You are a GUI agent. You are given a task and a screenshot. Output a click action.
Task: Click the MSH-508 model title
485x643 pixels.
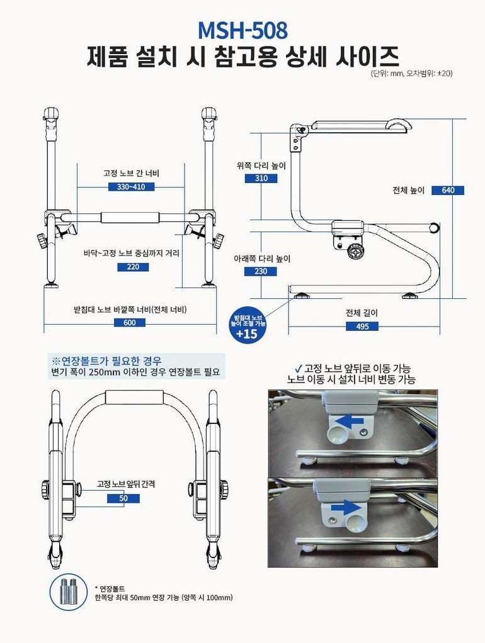[243, 30]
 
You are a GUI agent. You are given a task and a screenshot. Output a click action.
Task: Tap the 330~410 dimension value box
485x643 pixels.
[131, 187]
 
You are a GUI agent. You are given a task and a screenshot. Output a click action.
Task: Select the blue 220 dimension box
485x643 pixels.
[133, 267]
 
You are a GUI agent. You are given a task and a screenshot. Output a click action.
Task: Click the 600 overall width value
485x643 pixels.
[129, 323]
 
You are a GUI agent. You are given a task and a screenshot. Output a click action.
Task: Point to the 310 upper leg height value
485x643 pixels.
[261, 179]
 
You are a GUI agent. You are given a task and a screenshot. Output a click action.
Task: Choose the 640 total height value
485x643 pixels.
[448, 190]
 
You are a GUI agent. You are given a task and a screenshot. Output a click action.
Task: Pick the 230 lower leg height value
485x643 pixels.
[260, 271]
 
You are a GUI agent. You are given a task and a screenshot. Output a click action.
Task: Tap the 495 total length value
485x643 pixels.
[362, 327]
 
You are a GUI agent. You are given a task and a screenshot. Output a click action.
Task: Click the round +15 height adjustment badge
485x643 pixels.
[247, 327]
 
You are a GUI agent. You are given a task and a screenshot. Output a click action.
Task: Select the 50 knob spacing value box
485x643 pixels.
[123, 498]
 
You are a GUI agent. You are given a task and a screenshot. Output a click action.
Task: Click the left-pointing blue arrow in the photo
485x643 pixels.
[348, 421]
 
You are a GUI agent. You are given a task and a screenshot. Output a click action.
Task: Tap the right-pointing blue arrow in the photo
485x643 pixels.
[346, 507]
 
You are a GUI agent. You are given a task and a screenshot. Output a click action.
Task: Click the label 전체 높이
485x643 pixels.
[408, 190]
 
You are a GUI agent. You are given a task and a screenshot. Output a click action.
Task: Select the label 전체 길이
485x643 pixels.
[362, 313]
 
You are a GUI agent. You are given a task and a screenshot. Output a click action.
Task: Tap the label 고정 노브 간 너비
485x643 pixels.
[131, 174]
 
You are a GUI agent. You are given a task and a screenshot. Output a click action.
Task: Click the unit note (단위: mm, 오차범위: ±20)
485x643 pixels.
[411, 74]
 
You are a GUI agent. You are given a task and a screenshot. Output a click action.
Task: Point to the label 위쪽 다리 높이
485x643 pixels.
[261, 165]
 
